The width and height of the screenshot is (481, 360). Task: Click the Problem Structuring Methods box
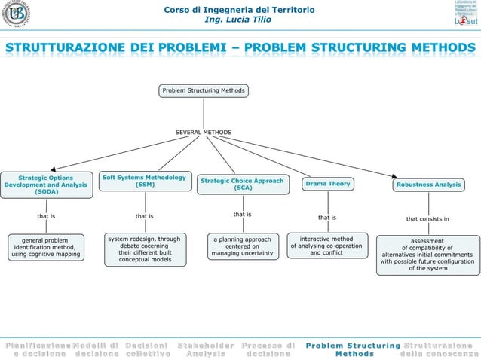pyautogui.click(x=204, y=91)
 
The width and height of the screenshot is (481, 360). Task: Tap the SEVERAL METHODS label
pyautogui.click(x=204, y=133)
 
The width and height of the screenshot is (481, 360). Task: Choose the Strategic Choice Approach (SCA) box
pyautogui.click(x=242, y=184)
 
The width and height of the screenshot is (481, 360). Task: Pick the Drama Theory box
pyautogui.click(x=328, y=184)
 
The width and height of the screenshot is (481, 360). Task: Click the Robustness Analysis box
pyautogui.click(x=427, y=184)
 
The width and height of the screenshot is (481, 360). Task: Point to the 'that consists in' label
pyautogui.click(x=427, y=219)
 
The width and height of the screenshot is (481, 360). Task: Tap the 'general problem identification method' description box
pyautogui.click(x=45, y=247)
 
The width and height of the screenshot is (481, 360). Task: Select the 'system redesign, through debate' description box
pyautogui.click(x=144, y=249)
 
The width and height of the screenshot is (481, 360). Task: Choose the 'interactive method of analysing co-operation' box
pyautogui.click(x=326, y=246)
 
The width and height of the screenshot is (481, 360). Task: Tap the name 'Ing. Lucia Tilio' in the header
pyautogui.click(x=240, y=19)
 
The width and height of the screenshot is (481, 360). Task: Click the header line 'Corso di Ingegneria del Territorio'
pyautogui.click(x=240, y=9)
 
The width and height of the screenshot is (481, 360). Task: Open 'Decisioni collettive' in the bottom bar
pyautogui.click(x=148, y=349)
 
